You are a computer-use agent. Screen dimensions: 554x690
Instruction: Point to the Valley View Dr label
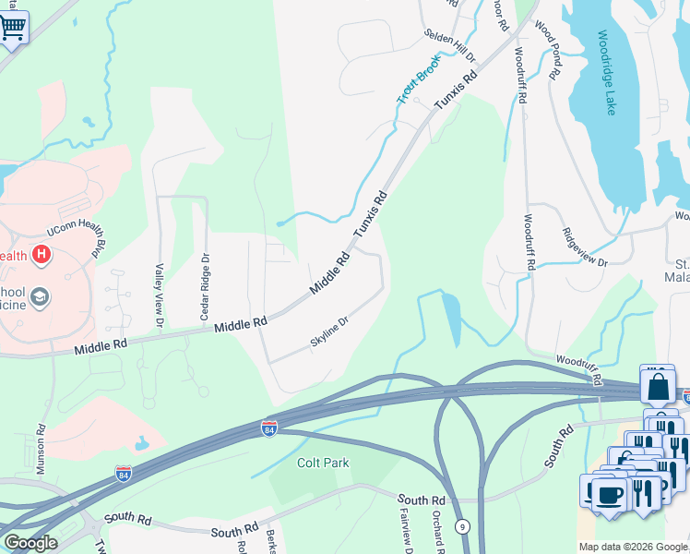(160, 295)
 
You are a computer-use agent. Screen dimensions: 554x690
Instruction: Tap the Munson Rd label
(41, 450)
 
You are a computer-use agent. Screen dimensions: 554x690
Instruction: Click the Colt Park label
(323, 462)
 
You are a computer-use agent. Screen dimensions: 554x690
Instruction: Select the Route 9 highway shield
(463, 526)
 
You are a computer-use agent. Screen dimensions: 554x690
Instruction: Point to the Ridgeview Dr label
(584, 248)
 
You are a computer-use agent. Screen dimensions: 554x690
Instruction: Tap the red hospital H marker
(42, 254)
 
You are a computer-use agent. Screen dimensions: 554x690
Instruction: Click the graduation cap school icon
(40, 297)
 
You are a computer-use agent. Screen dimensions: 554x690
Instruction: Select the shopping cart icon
(13, 27)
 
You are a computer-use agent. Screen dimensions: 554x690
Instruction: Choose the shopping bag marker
(659, 385)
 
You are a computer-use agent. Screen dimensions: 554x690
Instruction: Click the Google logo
(31, 542)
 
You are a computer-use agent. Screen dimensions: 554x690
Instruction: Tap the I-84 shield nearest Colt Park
(268, 429)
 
